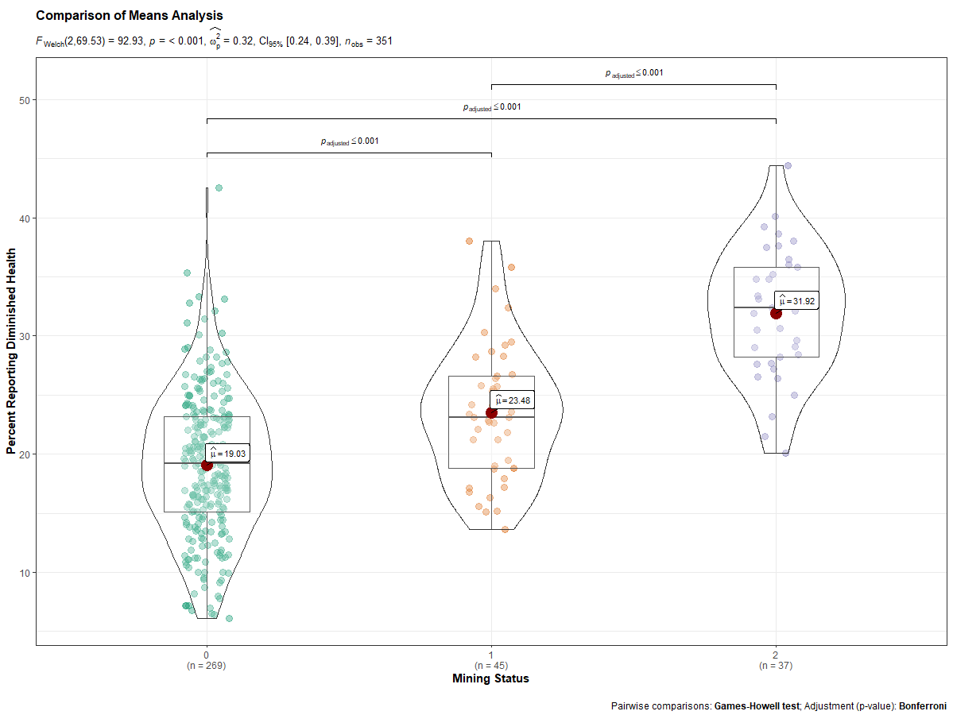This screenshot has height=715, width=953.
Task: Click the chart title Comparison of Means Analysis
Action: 130,16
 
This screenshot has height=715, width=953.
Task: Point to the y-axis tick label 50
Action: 23,100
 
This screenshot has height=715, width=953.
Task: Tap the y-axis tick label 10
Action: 23,573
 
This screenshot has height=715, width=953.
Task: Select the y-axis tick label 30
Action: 23,336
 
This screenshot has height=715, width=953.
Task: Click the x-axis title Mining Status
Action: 490,678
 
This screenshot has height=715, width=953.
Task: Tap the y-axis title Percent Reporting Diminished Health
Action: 11,350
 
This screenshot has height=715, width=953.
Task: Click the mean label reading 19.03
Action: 229,454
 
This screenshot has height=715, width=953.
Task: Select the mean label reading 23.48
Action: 513,400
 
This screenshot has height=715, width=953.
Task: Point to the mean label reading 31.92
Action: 797,301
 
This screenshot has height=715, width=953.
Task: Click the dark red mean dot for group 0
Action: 207,465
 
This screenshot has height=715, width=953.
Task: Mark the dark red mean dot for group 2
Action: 776,313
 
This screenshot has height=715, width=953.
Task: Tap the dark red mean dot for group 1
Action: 491,412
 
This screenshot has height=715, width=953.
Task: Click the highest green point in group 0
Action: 219,188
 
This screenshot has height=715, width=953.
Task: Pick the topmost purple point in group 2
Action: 788,165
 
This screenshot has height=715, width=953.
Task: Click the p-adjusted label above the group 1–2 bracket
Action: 633,73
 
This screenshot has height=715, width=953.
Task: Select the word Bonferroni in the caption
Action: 922,705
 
